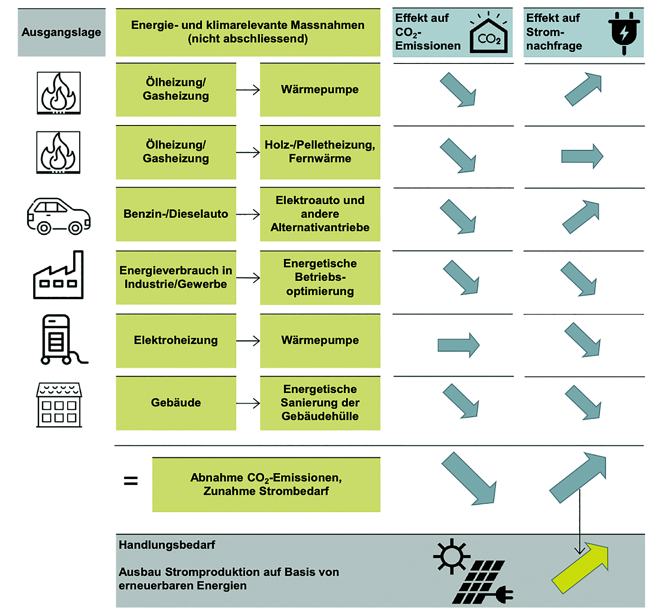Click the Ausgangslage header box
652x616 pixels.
pos(61,33)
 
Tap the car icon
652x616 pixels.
pos(58,217)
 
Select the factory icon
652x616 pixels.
pos(58,275)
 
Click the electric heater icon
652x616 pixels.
pos(63,340)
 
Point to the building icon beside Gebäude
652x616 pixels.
pos(59,405)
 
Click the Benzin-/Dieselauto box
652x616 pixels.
pos(176,214)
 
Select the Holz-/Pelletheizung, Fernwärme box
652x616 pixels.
pos(320,152)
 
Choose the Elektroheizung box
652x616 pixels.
pos(176,341)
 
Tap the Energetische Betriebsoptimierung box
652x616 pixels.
pos(320,278)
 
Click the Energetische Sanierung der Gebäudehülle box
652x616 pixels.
pos(320,403)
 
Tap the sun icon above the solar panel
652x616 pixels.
pos(451,556)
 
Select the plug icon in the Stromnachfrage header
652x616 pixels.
pos(624,33)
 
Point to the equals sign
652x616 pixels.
pos(131,481)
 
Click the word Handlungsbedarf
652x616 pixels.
pos(167,544)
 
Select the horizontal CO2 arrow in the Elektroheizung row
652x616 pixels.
pos(458,345)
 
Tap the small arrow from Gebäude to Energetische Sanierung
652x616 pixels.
pos(248,403)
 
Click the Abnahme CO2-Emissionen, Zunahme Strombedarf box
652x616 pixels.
pos(266,485)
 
